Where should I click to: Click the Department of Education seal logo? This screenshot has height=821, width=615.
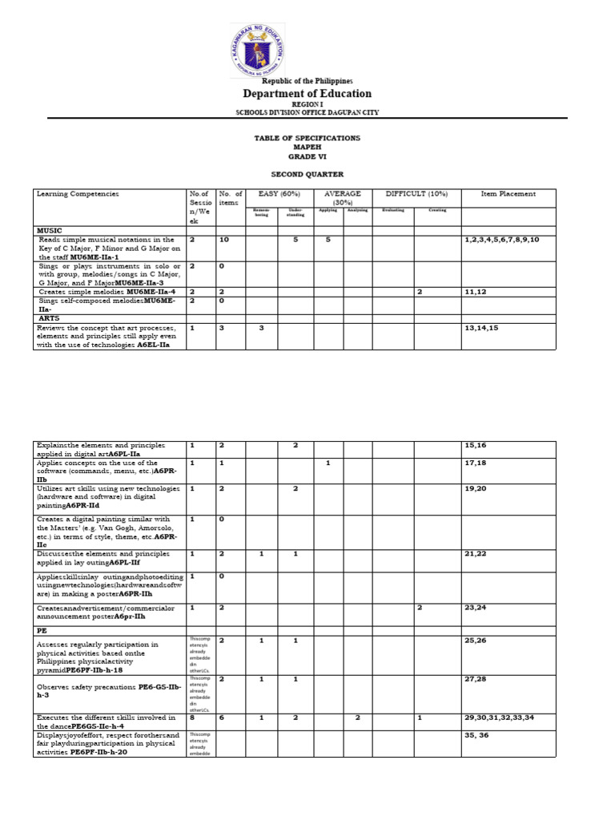click(256, 50)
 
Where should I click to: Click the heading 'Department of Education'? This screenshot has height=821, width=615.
click(307, 94)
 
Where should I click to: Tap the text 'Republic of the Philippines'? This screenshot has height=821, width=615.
click(307, 82)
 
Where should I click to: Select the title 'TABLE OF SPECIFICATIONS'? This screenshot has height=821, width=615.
click(307, 138)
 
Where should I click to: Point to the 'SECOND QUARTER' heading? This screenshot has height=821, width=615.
click(307, 173)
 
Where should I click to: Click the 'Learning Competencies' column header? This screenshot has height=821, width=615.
click(78, 194)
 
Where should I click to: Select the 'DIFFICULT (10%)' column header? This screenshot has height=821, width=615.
click(416, 194)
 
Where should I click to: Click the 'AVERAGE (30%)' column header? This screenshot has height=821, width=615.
click(343, 198)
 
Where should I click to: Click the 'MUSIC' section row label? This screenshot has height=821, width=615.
click(50, 230)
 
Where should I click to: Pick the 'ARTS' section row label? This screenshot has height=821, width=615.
click(49, 317)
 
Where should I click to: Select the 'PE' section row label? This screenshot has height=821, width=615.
click(42, 630)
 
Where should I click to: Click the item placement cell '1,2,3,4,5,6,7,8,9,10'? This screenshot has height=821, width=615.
click(501, 240)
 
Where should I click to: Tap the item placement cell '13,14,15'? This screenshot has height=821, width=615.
click(481, 328)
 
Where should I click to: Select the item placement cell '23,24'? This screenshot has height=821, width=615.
click(476, 608)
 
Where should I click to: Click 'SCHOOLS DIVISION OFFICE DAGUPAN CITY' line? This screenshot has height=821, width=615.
click(307, 113)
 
